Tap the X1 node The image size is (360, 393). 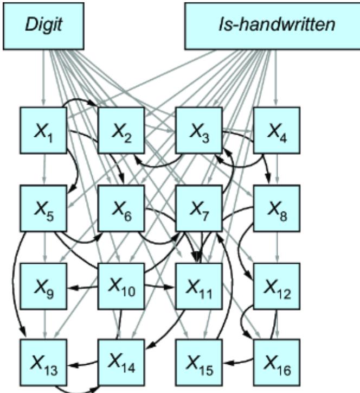[43, 130]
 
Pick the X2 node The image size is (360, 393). [121, 130]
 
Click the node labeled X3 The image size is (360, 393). [199, 130]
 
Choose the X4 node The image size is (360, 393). [277, 130]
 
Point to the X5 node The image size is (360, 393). [43, 208]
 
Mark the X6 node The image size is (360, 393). [121, 208]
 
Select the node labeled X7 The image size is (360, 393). [199, 208]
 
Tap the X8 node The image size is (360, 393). [277, 208]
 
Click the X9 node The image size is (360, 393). [43, 286]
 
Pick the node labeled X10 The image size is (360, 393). [121, 286]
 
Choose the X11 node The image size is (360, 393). [199, 286]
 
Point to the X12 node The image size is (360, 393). [277, 286]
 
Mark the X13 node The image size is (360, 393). [43, 363]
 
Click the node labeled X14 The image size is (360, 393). [121, 363]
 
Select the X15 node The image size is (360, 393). [199, 363]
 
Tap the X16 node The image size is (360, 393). [277, 363]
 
